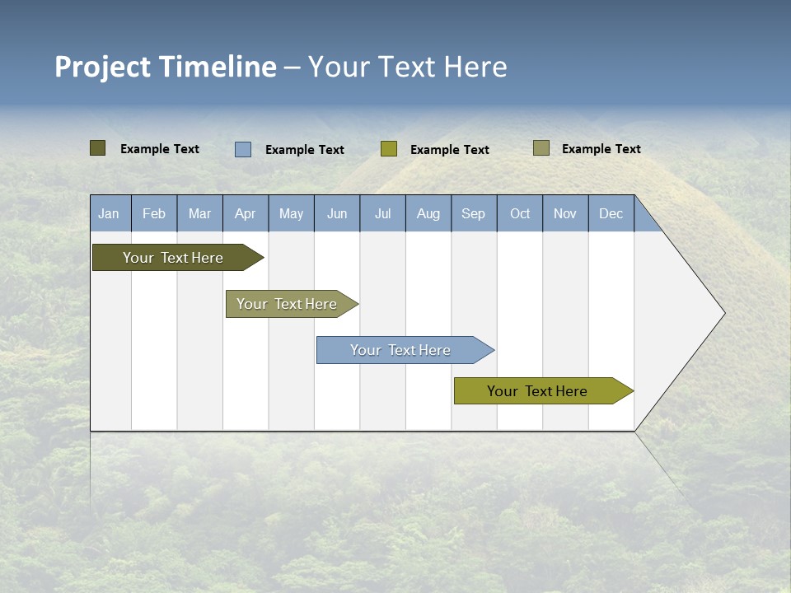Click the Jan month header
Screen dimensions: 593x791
click(x=109, y=214)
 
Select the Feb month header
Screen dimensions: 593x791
click(x=154, y=214)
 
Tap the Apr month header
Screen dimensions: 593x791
click(x=246, y=214)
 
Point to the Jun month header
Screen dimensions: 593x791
click(x=337, y=214)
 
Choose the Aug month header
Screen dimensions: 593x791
click(x=428, y=214)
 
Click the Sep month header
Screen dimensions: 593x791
click(x=474, y=214)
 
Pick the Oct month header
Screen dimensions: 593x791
click(x=520, y=214)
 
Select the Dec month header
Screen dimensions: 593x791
click(x=611, y=214)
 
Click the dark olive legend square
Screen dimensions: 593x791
click(x=98, y=148)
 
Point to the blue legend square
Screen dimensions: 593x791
click(x=243, y=149)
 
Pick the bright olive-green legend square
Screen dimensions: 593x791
click(x=389, y=149)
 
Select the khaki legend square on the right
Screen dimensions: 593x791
click(x=541, y=148)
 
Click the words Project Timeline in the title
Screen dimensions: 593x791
click(x=166, y=67)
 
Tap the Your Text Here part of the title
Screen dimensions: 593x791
click(x=408, y=67)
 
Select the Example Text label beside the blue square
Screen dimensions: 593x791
click(x=305, y=150)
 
